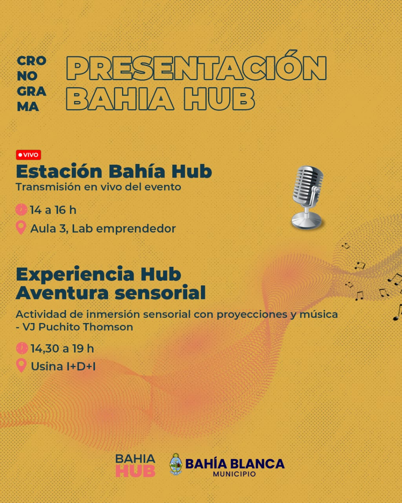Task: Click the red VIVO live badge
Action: click(x=29, y=155)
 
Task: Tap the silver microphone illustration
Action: click(x=307, y=197)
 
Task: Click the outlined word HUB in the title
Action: click(x=219, y=99)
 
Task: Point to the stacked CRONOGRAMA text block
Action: click(x=31, y=84)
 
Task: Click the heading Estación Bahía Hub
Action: click(x=114, y=171)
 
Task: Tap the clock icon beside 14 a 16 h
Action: click(x=22, y=209)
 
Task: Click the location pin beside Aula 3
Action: click(x=21, y=228)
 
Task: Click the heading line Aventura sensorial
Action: click(x=110, y=292)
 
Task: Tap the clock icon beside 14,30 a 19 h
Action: click(x=22, y=348)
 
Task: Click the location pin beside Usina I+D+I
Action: click(x=21, y=365)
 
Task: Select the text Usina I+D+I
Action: click(x=63, y=367)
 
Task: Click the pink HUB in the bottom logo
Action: click(x=135, y=471)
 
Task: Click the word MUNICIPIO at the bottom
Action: click(x=234, y=474)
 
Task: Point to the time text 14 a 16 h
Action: click(x=53, y=210)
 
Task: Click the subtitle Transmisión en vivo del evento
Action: click(x=98, y=187)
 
